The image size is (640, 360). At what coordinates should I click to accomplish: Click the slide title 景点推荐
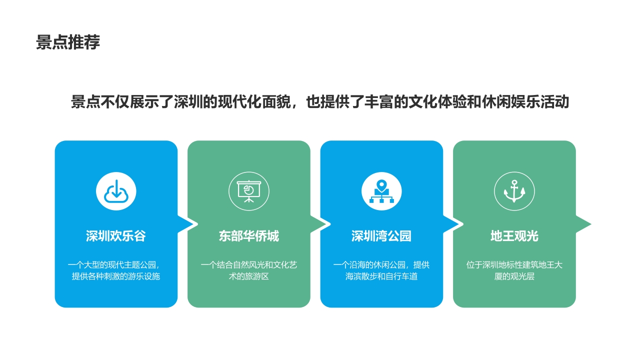click(68, 42)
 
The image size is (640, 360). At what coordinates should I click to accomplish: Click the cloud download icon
click(116, 191)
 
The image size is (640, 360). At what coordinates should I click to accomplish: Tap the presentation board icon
click(249, 191)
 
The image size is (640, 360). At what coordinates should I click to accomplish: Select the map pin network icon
click(381, 191)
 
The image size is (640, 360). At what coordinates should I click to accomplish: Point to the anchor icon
click(514, 191)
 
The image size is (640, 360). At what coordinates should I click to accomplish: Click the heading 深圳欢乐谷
click(116, 236)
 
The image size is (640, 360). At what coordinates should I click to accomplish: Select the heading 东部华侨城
click(249, 236)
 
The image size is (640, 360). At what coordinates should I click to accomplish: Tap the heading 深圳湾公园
click(381, 236)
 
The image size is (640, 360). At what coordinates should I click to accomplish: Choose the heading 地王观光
click(514, 236)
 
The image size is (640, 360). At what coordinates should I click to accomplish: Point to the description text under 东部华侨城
click(249, 270)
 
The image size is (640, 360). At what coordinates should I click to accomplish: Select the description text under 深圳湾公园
click(381, 270)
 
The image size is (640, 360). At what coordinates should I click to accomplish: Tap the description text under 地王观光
click(514, 270)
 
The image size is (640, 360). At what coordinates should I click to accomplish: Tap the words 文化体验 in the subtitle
click(437, 102)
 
